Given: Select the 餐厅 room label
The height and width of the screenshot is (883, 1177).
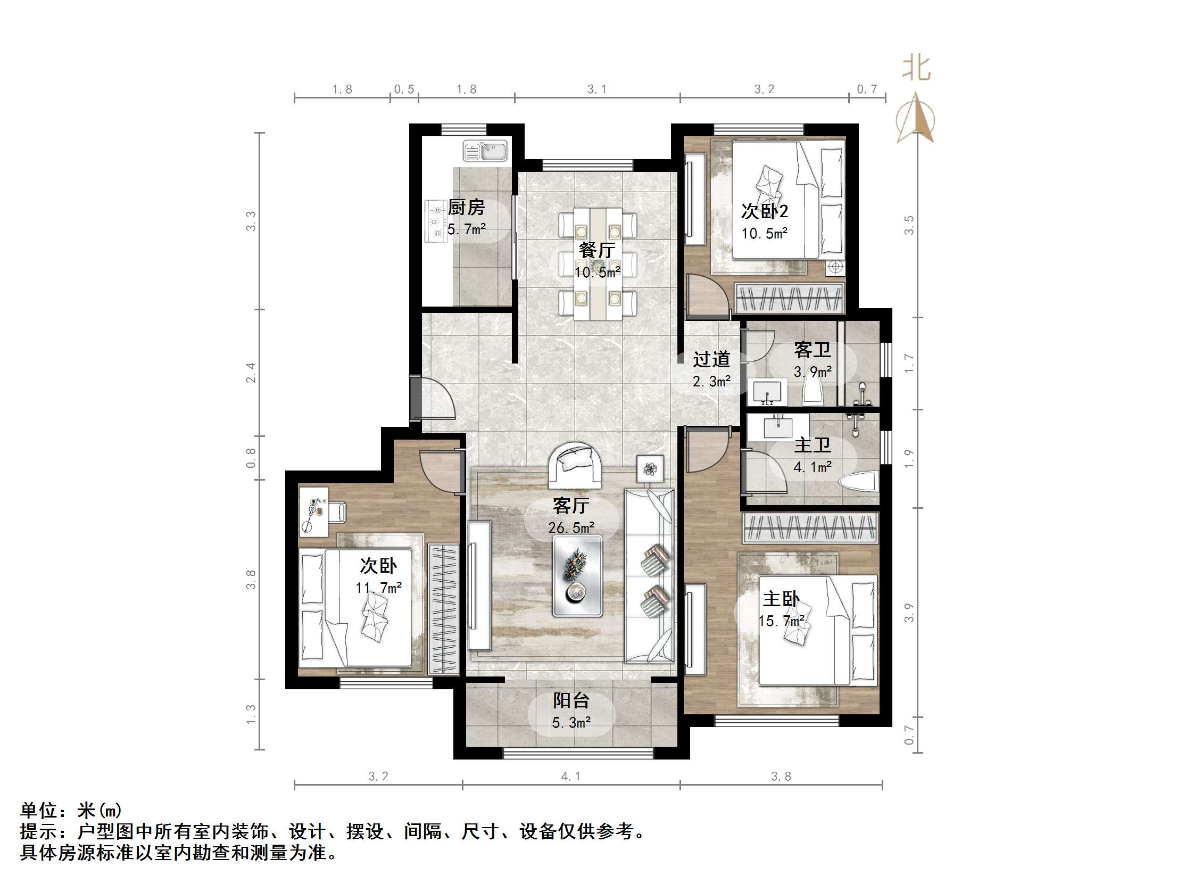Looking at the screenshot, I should click(597, 250).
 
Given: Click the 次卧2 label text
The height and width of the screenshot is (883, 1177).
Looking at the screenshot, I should click(764, 211).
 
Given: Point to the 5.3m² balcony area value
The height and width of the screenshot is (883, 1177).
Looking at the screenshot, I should click(571, 723).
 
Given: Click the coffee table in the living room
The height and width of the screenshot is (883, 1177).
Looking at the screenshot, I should click(577, 576).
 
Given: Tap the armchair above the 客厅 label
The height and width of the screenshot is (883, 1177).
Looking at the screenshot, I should click(577, 465).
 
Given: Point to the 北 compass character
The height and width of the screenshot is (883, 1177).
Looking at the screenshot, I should click(916, 69).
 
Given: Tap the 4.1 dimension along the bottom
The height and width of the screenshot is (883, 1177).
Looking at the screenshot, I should click(571, 777).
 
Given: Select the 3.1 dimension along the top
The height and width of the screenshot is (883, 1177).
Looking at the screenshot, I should click(597, 89).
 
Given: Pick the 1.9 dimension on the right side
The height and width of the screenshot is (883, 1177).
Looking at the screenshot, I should click(909, 459).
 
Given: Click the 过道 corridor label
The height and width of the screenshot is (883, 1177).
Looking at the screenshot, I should click(711, 360).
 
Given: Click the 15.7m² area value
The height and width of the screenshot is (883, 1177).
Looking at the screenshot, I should click(781, 621).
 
